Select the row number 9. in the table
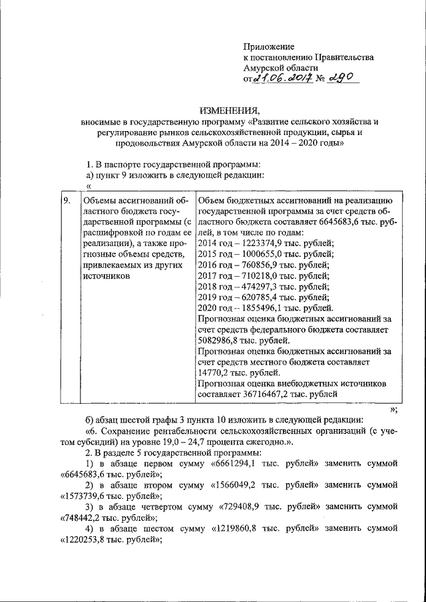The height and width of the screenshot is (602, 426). [67, 201]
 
